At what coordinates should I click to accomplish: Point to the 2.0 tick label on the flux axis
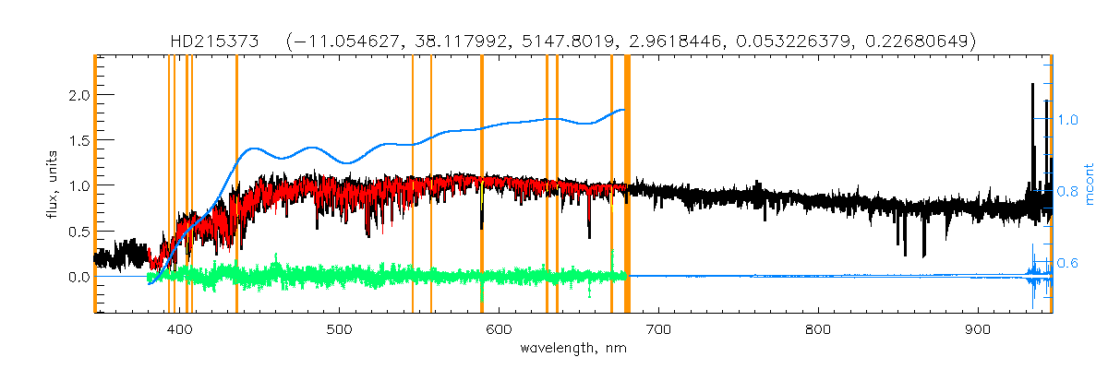(x=78, y=95)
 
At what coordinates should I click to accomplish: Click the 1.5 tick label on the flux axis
(x=78, y=140)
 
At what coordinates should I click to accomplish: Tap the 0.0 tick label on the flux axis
(x=78, y=277)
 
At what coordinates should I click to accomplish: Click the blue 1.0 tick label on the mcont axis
(x=1068, y=120)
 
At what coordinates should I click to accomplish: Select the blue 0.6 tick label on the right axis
(x=1068, y=264)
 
